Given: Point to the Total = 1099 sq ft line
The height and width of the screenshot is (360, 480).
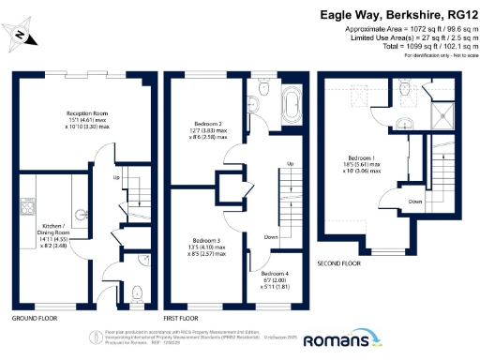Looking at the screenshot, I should tap(405, 47).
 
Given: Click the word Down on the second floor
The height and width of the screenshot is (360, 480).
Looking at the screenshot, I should tap(414, 201).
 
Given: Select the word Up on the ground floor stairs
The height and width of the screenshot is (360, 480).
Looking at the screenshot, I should tap(117, 177).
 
